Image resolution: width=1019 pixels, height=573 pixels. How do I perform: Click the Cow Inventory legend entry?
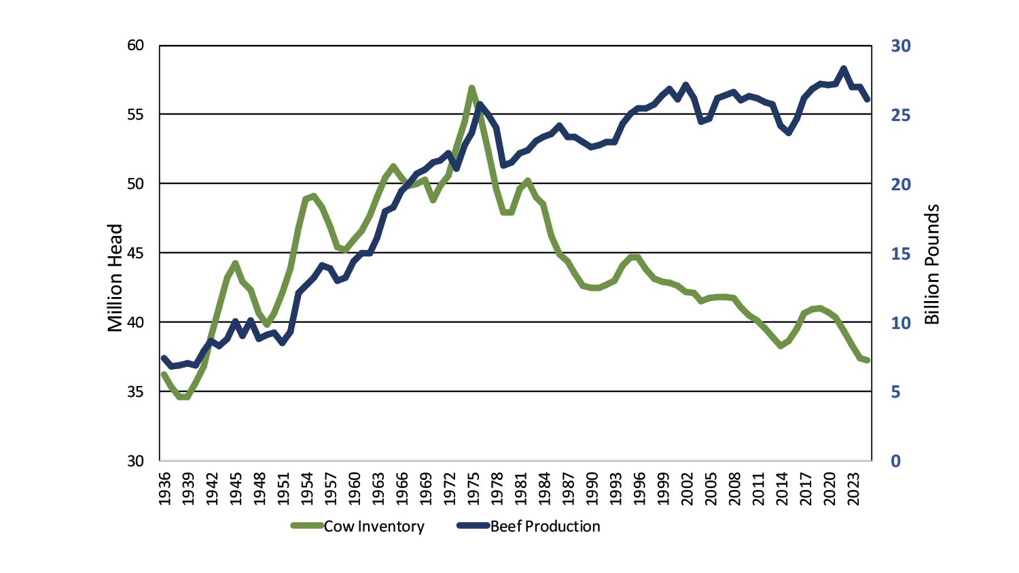(x=374, y=526)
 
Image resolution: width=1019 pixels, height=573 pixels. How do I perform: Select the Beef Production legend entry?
(x=545, y=526)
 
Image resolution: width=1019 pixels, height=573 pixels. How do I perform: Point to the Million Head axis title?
(x=115, y=277)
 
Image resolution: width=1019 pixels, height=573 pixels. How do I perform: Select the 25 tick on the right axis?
(x=901, y=115)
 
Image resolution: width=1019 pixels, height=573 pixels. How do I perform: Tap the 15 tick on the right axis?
(x=901, y=254)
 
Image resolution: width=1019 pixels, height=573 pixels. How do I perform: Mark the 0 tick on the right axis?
(x=896, y=461)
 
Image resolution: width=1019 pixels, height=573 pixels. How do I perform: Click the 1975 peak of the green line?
(x=471, y=88)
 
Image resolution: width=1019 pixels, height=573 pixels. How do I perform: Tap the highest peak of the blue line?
(x=844, y=69)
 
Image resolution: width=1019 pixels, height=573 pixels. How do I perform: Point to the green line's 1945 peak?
(x=235, y=263)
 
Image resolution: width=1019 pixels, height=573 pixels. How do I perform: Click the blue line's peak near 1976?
(x=480, y=105)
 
